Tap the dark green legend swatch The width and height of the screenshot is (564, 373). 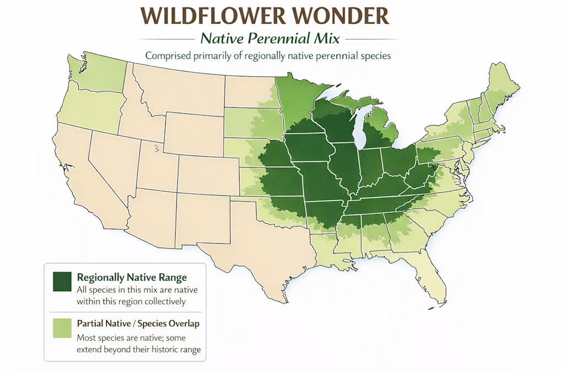click(63, 281)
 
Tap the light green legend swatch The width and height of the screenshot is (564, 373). click(63, 328)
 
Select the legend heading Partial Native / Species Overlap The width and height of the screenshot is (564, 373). click(138, 323)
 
